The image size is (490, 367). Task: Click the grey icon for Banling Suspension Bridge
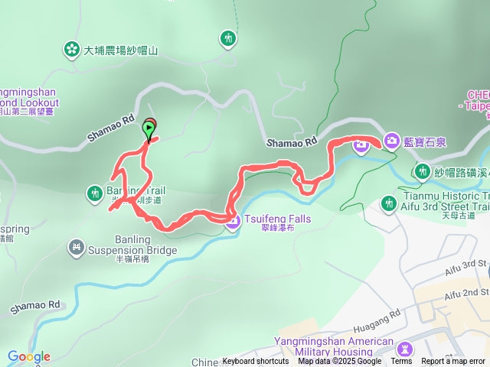[x=75, y=246]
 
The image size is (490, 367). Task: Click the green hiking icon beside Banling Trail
[x=94, y=192]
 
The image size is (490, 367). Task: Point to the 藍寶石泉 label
[x=429, y=140]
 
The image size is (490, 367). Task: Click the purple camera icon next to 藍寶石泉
[x=391, y=140]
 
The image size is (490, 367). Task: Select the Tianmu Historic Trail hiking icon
[x=388, y=203]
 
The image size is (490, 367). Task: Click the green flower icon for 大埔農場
[x=71, y=50]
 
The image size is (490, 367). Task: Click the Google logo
[x=29, y=356]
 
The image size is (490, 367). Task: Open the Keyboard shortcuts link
[x=256, y=362]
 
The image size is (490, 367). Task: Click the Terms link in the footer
[x=401, y=362]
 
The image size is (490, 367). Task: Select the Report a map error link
[x=453, y=362]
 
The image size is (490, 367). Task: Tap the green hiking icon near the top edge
[x=228, y=37]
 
